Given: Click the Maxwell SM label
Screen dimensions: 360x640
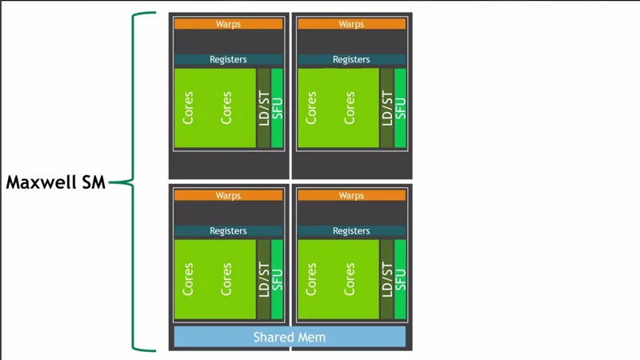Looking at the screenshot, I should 55,182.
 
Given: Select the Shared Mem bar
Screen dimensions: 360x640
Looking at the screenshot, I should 290,337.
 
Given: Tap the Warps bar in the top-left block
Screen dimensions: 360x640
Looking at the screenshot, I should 228,24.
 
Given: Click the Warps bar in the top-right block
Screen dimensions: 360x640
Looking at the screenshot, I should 351,24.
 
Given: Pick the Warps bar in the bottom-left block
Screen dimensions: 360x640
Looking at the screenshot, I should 228,195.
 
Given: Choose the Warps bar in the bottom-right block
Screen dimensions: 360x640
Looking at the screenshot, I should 351,195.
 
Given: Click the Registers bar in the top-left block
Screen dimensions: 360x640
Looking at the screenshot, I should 228,59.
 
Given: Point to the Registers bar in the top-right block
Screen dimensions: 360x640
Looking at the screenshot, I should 351,59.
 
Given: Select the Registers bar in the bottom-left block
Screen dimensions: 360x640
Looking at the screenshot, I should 228,230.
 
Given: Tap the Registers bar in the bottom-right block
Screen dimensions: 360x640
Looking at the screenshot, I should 351,230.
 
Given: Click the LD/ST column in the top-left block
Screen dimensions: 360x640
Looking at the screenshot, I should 263,108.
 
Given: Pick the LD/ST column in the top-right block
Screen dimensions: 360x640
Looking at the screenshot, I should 386,108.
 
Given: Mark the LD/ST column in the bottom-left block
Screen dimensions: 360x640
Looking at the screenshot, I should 263,280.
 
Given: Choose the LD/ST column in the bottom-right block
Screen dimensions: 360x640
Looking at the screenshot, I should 386,280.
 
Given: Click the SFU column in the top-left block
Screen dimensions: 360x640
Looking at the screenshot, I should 277,108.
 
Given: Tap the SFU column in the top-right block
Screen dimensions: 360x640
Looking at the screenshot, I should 400,108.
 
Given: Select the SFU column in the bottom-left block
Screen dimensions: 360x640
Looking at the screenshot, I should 277,280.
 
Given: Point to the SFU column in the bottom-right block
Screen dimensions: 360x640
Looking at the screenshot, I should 400,280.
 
